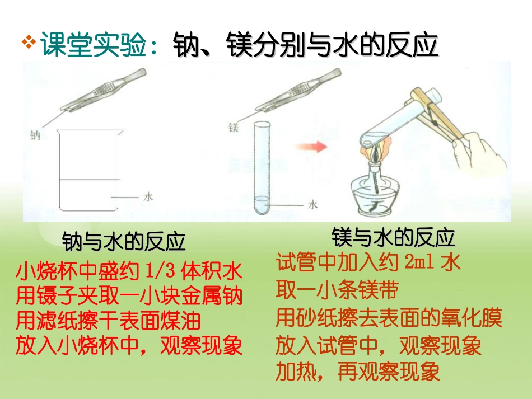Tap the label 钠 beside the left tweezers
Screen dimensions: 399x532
(36, 135)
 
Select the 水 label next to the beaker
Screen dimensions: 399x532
(148, 196)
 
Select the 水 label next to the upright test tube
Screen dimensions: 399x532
(313, 205)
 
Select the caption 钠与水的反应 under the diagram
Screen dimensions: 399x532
(124, 242)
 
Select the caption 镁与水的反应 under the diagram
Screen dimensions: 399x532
(394, 237)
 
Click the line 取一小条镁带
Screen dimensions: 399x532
(337, 290)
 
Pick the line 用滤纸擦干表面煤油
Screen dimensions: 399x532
(108, 321)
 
